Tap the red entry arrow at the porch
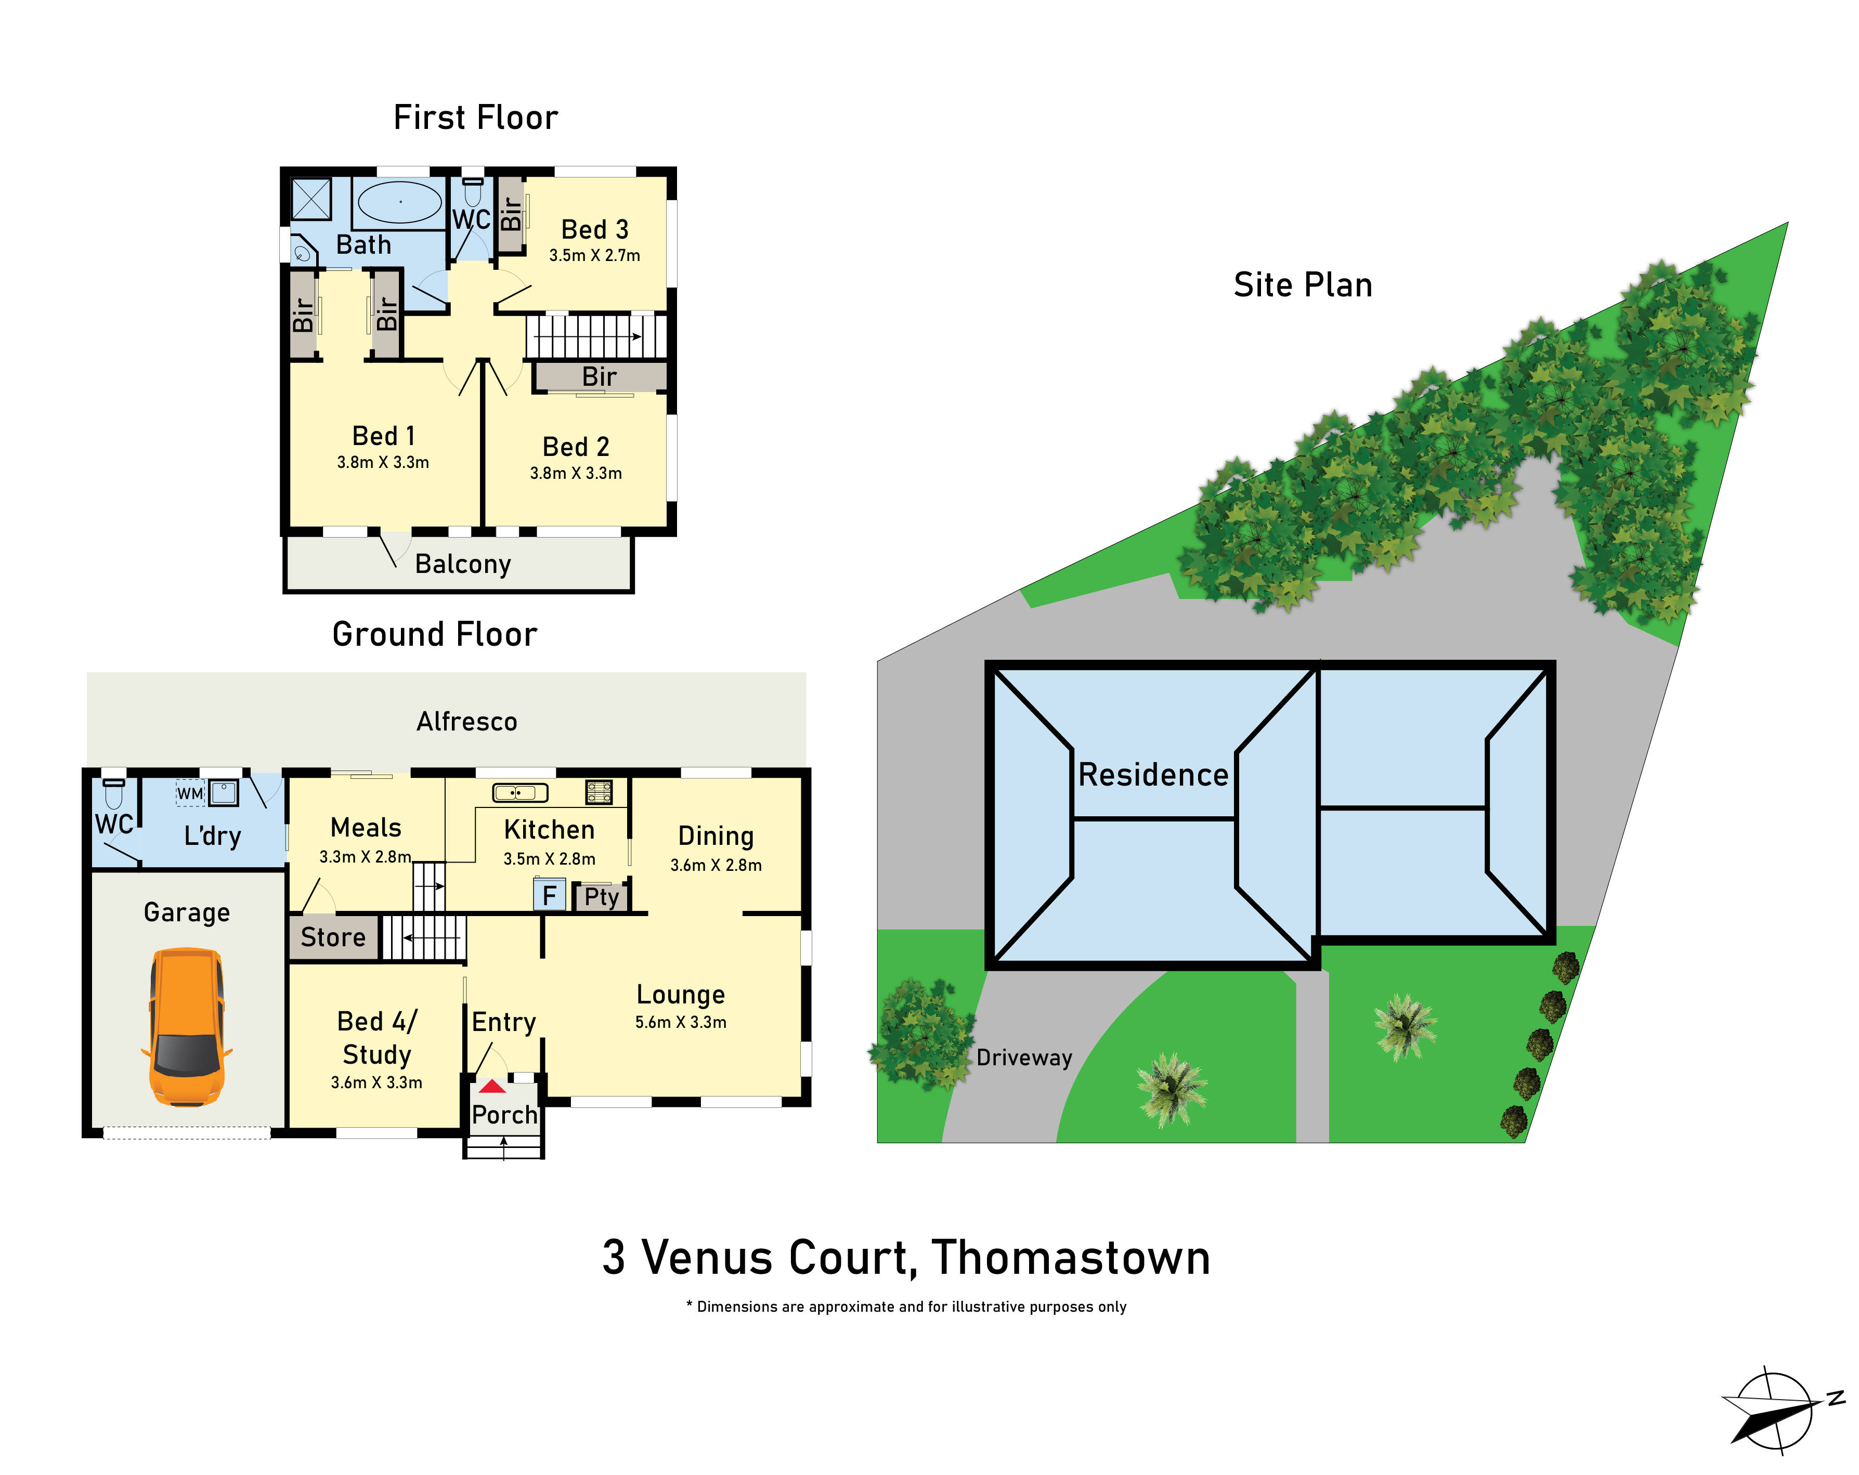[492, 1086]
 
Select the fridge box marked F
[549, 896]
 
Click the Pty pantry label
[601, 897]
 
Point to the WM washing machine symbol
[190, 793]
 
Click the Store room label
[333, 937]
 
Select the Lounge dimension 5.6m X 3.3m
[680, 1023]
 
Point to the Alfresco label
[466, 722]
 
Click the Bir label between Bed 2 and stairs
[599, 377]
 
